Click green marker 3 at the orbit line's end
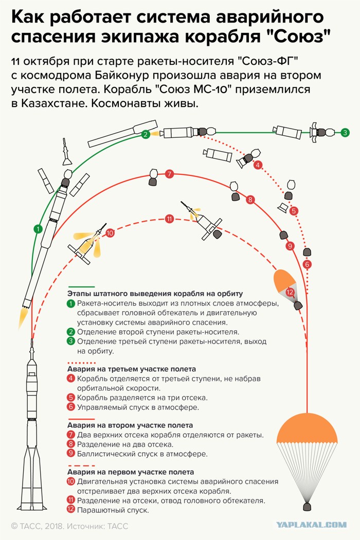[x=345, y=132]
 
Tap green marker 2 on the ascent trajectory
[x=146, y=134]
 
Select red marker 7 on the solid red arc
[x=169, y=174]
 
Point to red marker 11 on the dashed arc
[x=169, y=219]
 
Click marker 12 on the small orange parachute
[x=290, y=293]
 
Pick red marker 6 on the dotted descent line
[x=307, y=264]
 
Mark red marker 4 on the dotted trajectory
[x=258, y=165]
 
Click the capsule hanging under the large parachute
[x=307, y=507]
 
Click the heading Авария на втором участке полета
[x=130, y=425]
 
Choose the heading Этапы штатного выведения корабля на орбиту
[x=155, y=294]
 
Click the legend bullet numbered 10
[x=71, y=481]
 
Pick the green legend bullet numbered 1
[x=71, y=303]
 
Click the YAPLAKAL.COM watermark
[x=312, y=525]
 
